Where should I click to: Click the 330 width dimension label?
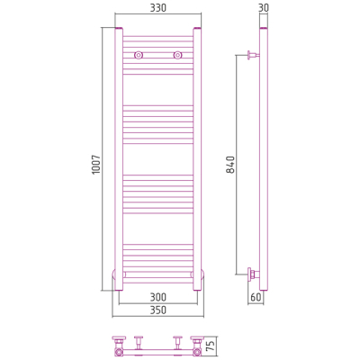click(x=157, y=8)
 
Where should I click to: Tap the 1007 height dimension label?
click(x=95, y=165)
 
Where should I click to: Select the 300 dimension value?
click(x=157, y=297)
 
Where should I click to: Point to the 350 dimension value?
click(x=157, y=310)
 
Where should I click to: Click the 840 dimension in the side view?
click(x=230, y=165)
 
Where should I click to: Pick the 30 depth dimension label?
click(x=264, y=8)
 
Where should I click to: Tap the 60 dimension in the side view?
click(x=256, y=297)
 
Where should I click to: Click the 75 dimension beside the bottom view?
click(x=211, y=346)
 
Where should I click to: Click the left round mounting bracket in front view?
click(x=139, y=55)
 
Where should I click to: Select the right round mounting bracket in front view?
click(x=177, y=55)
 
